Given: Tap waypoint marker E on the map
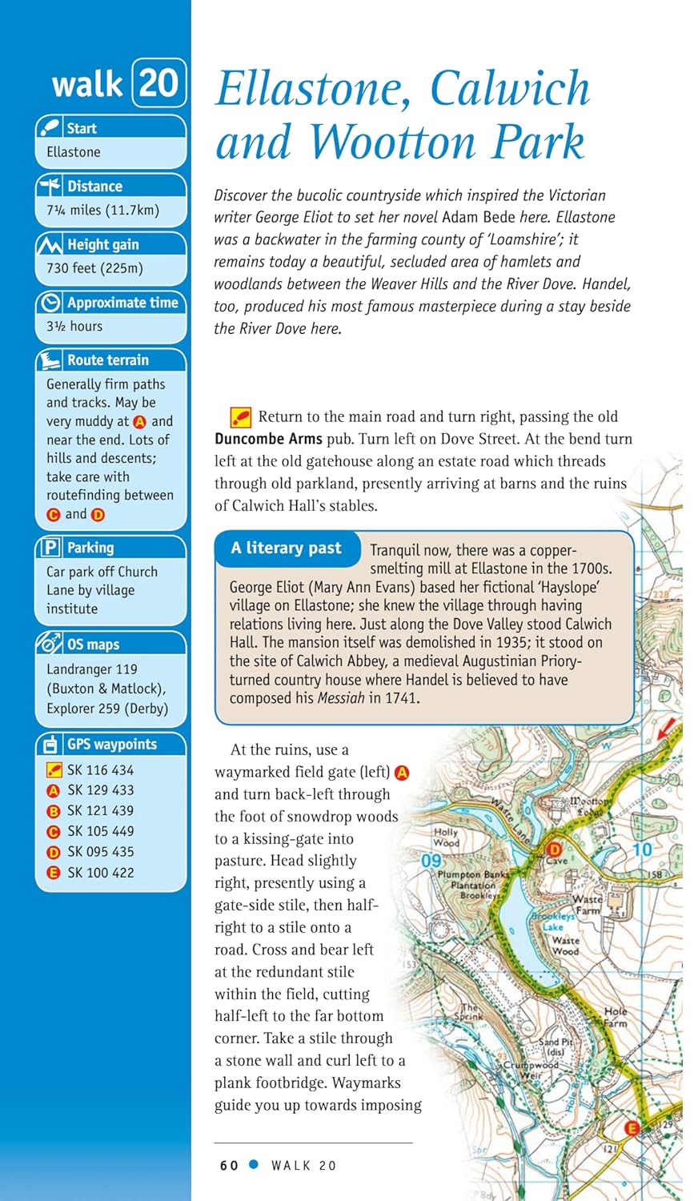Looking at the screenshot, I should (x=632, y=1127).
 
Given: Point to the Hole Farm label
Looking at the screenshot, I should (x=616, y=1017).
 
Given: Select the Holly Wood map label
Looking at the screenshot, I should (x=446, y=837).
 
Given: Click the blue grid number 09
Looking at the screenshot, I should (x=431, y=861).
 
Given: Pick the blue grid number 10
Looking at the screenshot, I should (x=642, y=849).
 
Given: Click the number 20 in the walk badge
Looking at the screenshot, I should (x=158, y=82).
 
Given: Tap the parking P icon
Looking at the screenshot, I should (x=50, y=548).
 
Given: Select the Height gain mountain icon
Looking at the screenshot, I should (x=50, y=244).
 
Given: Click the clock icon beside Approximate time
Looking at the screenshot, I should (x=50, y=303).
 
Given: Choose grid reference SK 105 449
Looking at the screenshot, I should (x=100, y=831).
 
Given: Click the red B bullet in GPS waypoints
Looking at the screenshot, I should (x=54, y=811).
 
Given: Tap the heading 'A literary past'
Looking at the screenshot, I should (x=286, y=548).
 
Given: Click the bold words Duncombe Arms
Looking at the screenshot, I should (x=268, y=439).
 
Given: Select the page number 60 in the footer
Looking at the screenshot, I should (x=229, y=1165).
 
